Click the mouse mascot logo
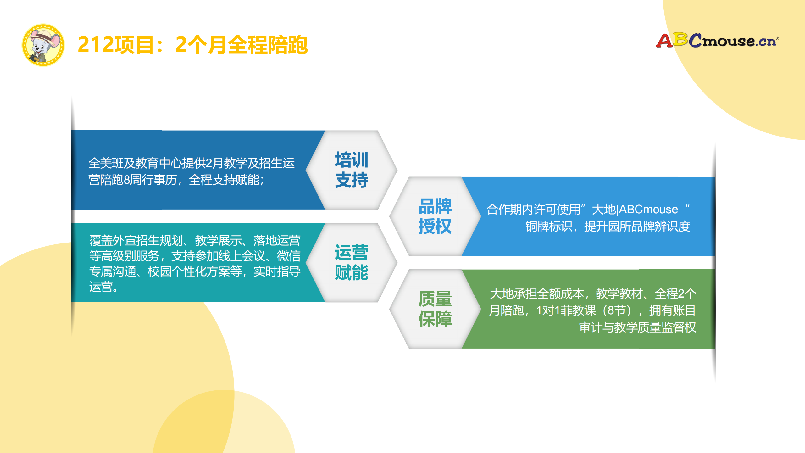(43, 45)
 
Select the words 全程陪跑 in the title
(267, 45)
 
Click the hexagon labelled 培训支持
(351, 170)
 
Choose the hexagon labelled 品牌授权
(435, 216)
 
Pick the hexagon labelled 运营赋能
(351, 263)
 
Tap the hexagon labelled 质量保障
(435, 309)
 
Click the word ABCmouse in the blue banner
(648, 210)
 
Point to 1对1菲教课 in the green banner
(566, 311)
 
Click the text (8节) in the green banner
(619, 311)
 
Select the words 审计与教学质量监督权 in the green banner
(637, 327)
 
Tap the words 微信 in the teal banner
(288, 256)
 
